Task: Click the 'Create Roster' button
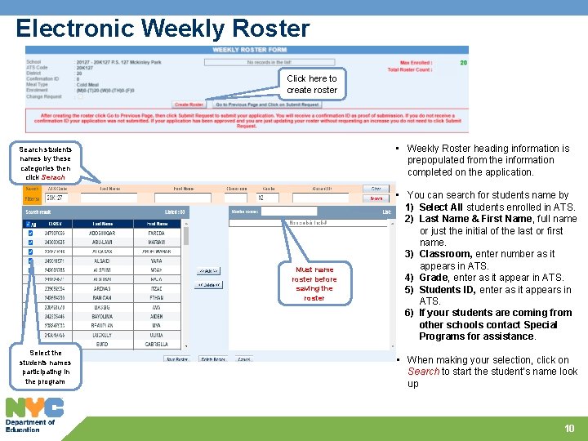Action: point(189,105)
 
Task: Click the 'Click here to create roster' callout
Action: point(312,84)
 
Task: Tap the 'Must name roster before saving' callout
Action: point(314,283)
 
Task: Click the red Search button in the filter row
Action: point(376,198)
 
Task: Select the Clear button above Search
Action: point(376,188)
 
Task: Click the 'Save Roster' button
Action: point(178,359)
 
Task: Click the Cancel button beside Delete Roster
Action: point(244,359)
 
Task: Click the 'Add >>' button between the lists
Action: point(208,270)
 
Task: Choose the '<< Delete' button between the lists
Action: point(208,284)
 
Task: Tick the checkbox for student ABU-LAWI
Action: point(31,242)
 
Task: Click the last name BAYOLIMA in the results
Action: point(102,315)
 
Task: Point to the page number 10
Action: point(569,428)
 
